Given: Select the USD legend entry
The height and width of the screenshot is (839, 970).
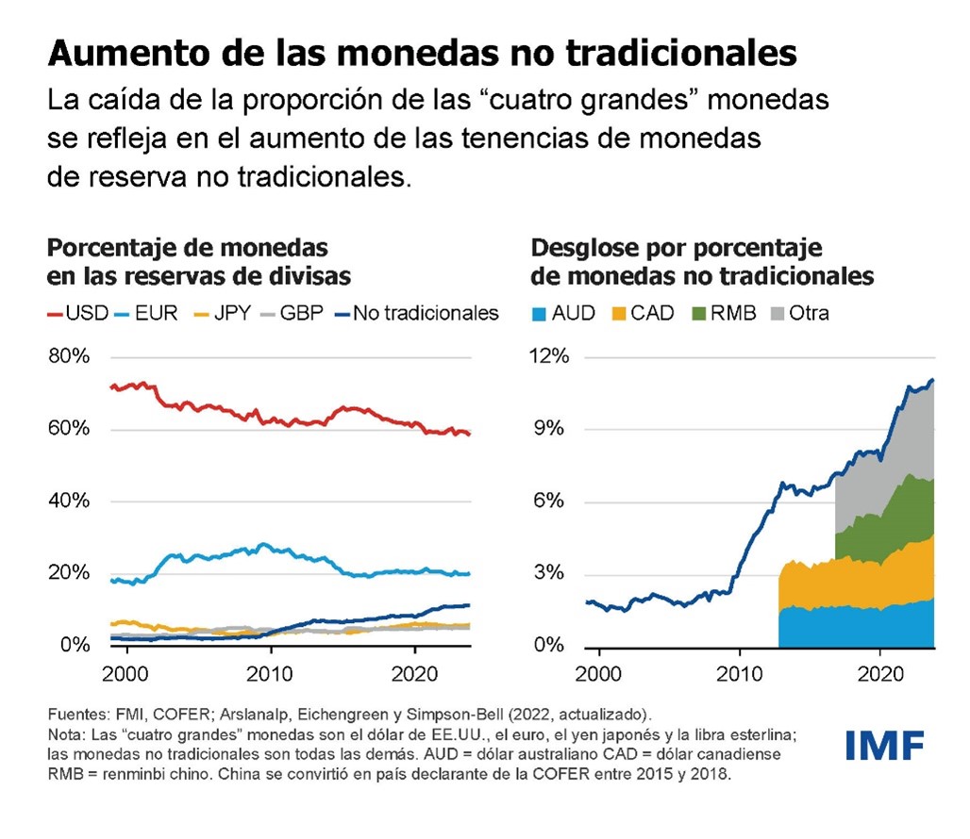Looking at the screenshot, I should (x=79, y=313).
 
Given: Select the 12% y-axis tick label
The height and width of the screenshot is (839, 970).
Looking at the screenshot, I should (x=550, y=357).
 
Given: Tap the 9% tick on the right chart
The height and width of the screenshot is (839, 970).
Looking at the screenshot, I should (x=556, y=429).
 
